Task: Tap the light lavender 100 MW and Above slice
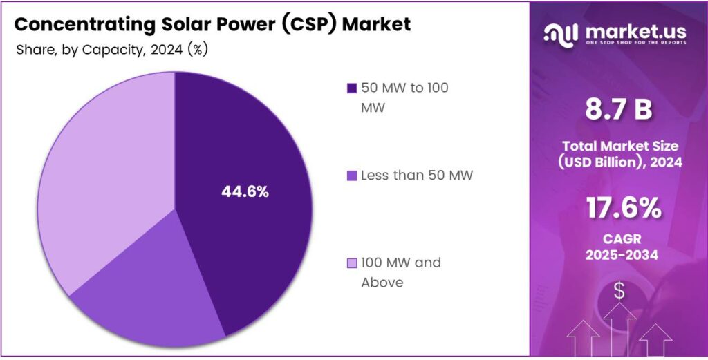(x=104, y=180)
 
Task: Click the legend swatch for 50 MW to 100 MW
(x=352, y=88)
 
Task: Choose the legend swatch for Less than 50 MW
(x=352, y=176)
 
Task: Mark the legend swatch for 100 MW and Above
(x=352, y=263)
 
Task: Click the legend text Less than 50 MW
(x=418, y=176)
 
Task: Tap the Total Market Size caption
(x=619, y=146)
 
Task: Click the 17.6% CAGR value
(x=619, y=209)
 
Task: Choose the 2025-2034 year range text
(x=619, y=255)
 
